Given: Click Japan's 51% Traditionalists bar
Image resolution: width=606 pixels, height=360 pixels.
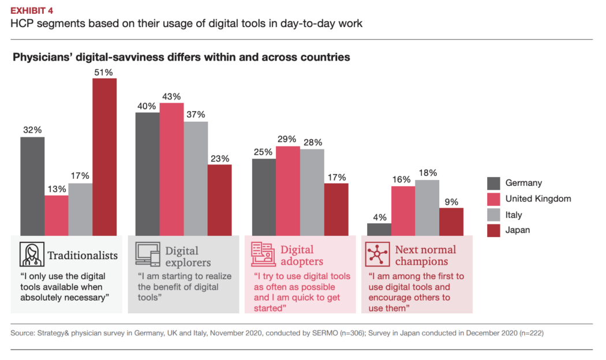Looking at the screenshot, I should [104, 157].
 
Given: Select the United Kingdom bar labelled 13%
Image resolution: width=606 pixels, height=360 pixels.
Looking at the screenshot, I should [57, 215].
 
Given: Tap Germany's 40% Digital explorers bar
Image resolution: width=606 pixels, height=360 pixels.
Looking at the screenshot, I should [148, 174].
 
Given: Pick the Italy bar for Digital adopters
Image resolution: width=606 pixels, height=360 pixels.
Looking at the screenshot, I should [312, 192].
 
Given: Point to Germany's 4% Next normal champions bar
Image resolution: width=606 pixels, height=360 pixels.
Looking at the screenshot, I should [379, 229].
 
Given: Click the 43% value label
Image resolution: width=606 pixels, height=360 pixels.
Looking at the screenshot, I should [172, 96].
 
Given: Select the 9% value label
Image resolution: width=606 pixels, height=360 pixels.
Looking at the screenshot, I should [451, 202].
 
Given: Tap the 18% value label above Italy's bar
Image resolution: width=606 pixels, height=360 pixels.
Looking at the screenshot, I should [428, 173].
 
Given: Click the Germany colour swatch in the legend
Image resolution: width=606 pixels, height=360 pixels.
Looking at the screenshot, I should [494, 183].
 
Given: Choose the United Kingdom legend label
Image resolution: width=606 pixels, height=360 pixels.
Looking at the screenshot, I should [538, 199].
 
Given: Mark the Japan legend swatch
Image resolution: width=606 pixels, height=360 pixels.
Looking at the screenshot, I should [494, 230].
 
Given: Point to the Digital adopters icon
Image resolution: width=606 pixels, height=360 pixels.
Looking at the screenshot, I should [263, 254].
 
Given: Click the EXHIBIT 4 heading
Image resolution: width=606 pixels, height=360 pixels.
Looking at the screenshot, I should [35, 10].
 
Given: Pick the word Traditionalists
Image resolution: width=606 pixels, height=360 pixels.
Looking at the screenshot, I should [83, 255].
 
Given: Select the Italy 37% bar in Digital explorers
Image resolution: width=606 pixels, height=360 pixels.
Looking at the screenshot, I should [196, 178].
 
